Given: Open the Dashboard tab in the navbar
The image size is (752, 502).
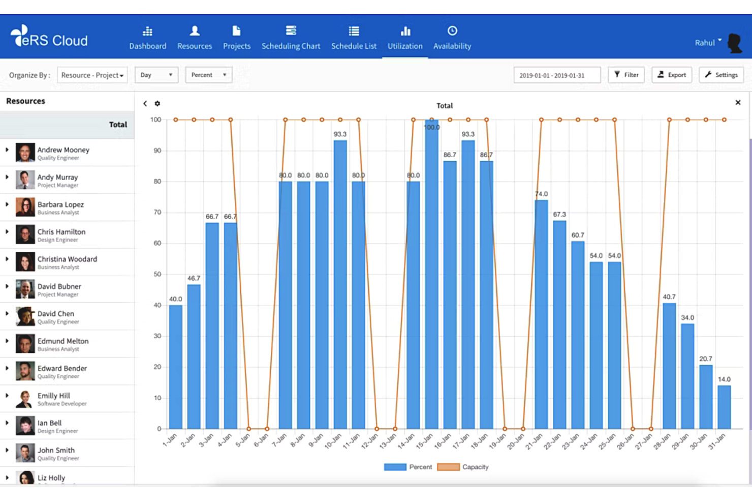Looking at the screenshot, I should tap(147, 38).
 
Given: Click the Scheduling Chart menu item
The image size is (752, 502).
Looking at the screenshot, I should tap(291, 38).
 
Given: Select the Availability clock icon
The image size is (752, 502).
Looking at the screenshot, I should tap(452, 31).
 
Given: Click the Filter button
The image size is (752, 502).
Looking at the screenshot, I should tap(626, 75).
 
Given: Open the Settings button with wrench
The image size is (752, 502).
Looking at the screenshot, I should tap(721, 75).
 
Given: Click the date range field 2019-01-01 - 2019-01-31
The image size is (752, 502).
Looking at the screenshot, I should tap(556, 75).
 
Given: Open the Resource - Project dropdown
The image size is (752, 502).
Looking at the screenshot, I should tap(92, 75).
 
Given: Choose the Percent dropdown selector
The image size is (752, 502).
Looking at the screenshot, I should tap(208, 75).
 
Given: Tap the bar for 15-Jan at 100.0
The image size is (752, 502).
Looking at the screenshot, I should tap(431, 280).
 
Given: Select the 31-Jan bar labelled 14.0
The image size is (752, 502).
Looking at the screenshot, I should tap(724, 407).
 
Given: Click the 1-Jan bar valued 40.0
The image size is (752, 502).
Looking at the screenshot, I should tap(176, 366).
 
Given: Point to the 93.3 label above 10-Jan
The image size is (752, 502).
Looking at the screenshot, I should tap(340, 134).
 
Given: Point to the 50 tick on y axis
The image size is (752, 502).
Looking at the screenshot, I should tap(157, 274).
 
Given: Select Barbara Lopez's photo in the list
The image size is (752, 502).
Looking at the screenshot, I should tap(25, 208).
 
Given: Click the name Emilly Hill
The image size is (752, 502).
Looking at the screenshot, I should tap(54, 396).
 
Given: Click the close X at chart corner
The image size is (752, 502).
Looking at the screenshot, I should tap(738, 103).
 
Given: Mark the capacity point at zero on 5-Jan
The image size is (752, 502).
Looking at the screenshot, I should tap(248, 429).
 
